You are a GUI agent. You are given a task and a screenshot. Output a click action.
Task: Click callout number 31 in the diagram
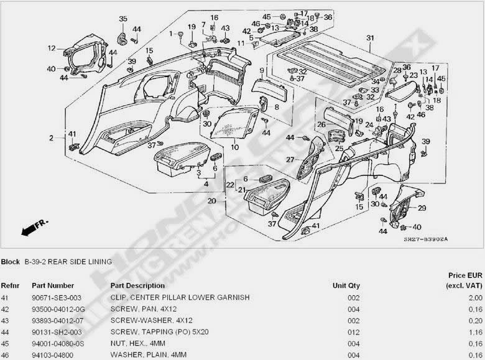[x=370, y=39]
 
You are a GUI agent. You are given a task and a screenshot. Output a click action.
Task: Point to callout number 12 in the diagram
[x=52, y=47]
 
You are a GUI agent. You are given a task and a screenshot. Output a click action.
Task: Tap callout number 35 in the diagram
[x=122, y=19]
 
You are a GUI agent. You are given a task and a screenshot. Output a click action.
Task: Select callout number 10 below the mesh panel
[x=234, y=147]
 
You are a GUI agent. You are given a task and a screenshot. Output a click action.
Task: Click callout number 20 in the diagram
[x=211, y=201]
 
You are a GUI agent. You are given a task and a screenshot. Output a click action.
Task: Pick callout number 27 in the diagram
[x=290, y=159]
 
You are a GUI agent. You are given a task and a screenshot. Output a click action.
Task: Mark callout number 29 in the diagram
[x=422, y=208]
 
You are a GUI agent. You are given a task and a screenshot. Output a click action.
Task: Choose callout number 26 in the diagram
[x=321, y=124]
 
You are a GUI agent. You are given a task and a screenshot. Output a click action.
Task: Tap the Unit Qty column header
[x=346, y=285]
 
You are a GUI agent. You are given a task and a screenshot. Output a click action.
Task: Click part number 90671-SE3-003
[x=57, y=297]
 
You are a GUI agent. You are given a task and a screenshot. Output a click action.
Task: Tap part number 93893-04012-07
[x=57, y=320]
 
